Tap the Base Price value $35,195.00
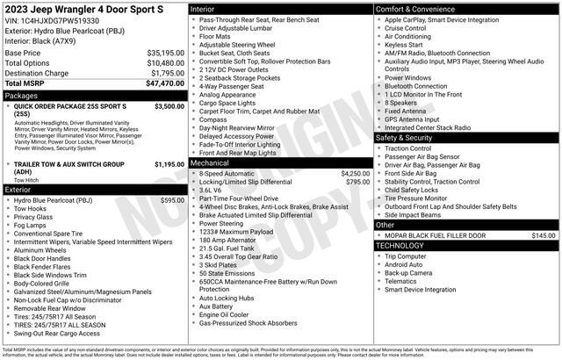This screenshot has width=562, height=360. click(x=164, y=53)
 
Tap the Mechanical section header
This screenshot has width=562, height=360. click(x=209, y=162)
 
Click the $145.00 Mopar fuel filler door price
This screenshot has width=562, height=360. click(x=543, y=235)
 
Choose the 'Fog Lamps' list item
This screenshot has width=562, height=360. click(x=32, y=224)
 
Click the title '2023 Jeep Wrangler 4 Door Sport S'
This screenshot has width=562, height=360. click(x=83, y=8)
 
